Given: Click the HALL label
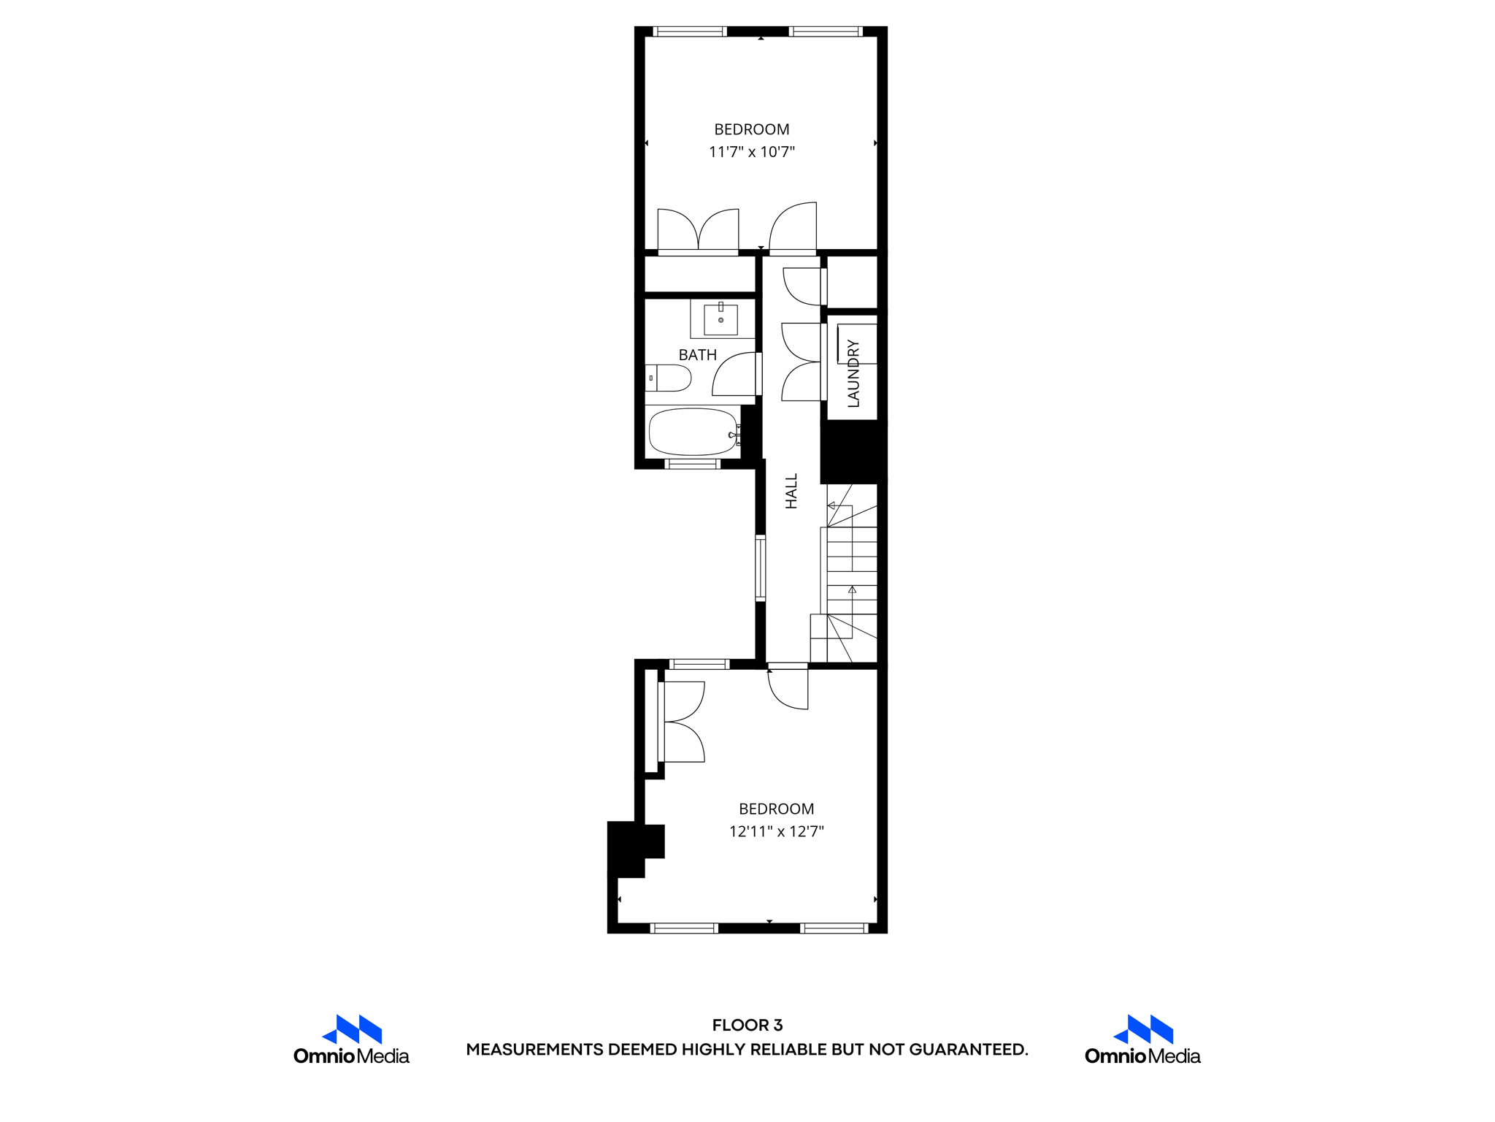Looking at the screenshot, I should click(791, 491).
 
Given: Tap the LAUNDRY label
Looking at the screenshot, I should click(853, 373).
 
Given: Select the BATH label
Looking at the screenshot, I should click(697, 355).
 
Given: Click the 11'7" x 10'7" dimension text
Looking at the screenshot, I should click(751, 152).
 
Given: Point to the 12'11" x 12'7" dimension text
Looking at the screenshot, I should click(776, 831).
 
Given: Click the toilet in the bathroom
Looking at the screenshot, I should click(669, 378).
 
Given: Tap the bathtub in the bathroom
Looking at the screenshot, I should click(693, 432).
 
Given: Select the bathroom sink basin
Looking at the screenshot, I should click(720, 319).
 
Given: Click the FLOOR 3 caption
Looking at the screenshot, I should click(747, 1025).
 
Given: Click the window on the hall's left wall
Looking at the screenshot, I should click(760, 568).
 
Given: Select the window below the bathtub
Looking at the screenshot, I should click(692, 464).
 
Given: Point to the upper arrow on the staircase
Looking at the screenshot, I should click(831, 505).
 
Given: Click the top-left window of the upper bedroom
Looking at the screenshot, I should click(689, 31).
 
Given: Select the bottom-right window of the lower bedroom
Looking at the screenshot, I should click(833, 928).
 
